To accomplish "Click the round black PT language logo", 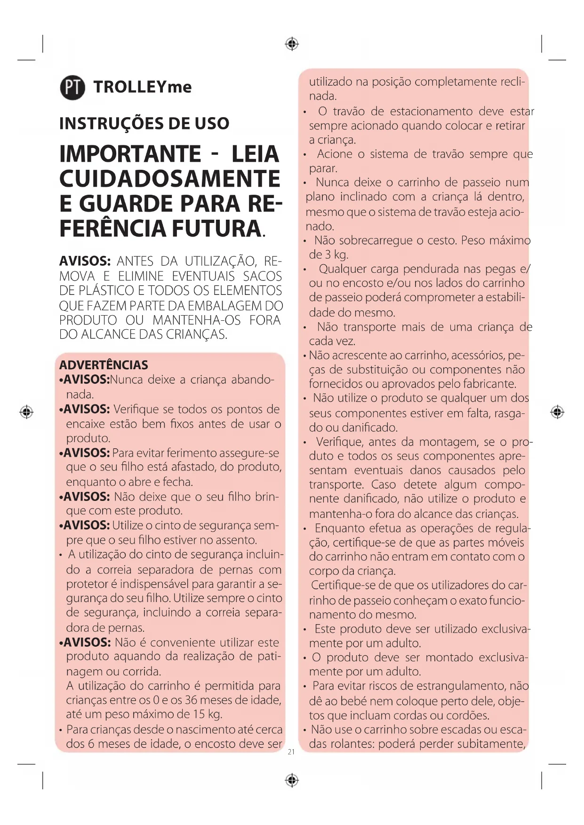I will (72, 87).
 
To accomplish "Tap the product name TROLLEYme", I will (142, 87).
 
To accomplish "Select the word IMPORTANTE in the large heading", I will (130, 154).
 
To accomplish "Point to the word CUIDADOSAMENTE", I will (170, 179).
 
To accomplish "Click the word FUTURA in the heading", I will (216, 229).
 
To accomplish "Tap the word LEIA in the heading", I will (256, 154).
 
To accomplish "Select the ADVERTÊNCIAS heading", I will (104, 365).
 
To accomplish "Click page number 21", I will (291, 752).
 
